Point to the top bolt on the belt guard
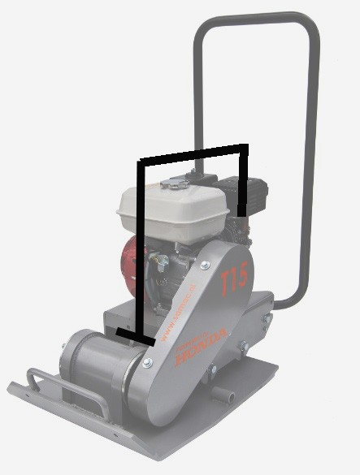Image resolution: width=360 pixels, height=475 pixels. [x=204, y=264]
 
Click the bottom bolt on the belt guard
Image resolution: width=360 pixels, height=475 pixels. [x=147, y=363]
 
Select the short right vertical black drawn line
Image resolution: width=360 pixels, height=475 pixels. [x=243, y=179]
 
